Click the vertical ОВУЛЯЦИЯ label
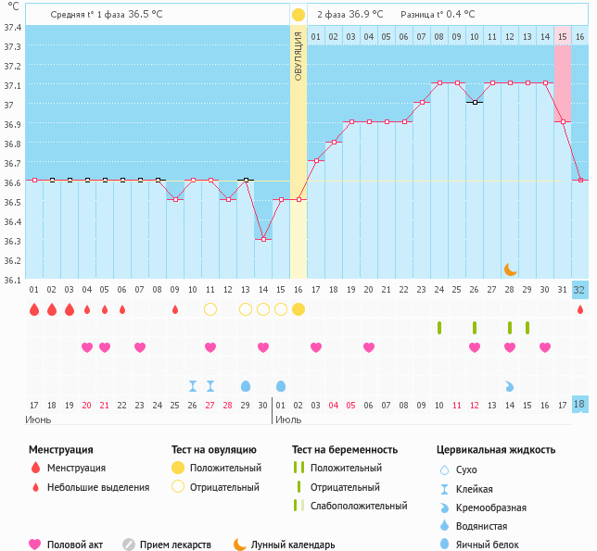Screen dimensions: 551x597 click(298, 56)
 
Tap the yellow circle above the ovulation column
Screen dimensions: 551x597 click(298, 15)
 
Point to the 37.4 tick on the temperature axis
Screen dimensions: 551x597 click(13, 27)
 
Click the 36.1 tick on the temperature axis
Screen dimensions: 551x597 click(13, 280)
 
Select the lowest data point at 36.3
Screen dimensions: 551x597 click(263, 239)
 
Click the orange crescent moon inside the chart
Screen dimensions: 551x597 click(511, 269)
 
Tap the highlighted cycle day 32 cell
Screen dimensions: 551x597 click(579, 289)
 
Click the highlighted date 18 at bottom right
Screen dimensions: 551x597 click(579, 405)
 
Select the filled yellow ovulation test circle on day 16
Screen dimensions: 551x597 click(298, 308)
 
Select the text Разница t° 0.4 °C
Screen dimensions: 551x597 click(438, 15)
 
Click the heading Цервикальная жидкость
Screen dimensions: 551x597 click(496, 449)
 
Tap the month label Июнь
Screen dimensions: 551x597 click(39, 420)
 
